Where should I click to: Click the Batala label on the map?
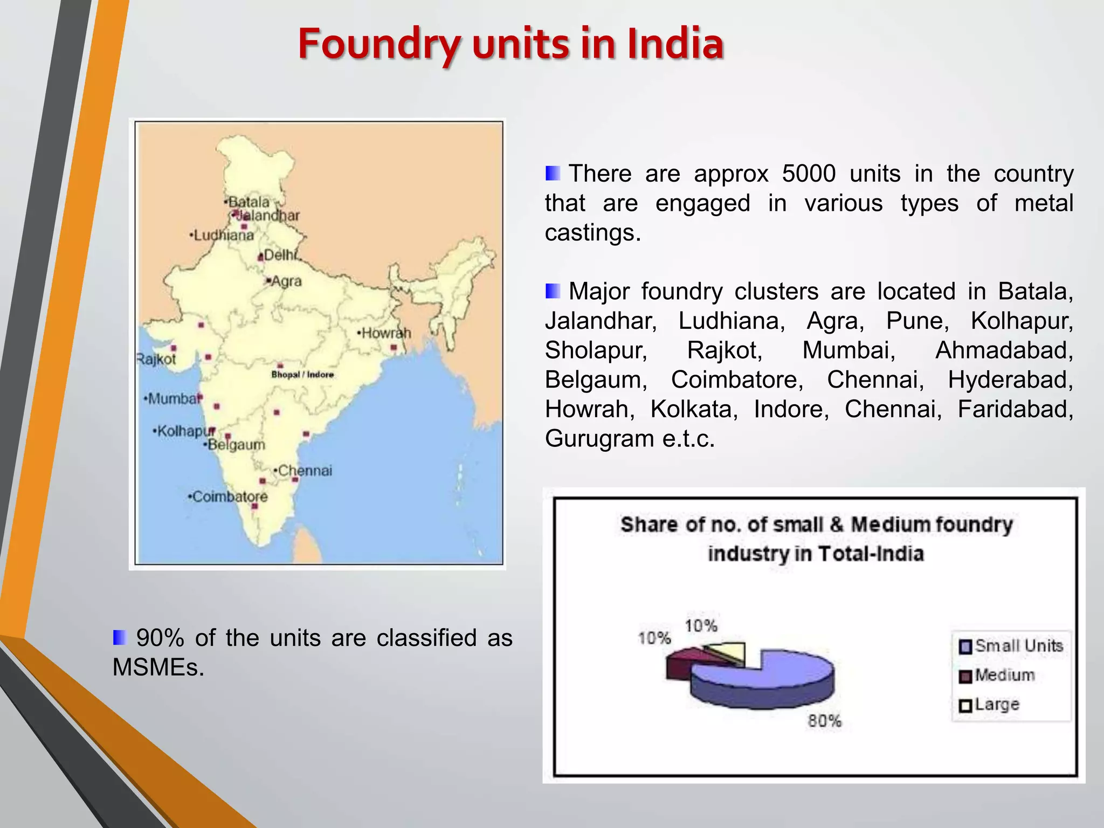coord(249,202)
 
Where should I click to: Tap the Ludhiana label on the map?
coord(223,235)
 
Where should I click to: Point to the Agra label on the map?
coord(286,281)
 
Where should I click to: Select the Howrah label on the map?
coord(386,333)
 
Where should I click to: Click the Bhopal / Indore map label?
coord(302,375)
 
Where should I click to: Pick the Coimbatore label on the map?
coord(230,496)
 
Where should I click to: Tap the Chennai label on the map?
coord(305,471)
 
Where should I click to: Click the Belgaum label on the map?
coord(236,445)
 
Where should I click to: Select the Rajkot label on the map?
coord(156,359)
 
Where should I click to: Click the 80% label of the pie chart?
coord(824,721)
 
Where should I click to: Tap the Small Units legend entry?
coord(1018,646)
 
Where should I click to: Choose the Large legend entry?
coord(997,704)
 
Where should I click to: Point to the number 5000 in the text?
coord(809,174)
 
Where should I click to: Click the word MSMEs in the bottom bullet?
coord(158,667)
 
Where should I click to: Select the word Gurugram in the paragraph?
coord(599,438)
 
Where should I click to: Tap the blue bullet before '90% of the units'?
coord(120,637)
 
